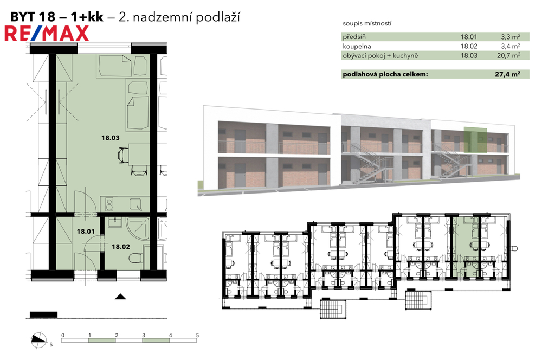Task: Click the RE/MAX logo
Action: (47, 34)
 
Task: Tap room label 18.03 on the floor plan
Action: (111, 138)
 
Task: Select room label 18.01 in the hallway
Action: (86, 232)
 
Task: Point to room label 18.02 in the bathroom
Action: (121, 247)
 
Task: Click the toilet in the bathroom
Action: (136, 259)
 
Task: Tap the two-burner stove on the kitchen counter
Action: (109, 204)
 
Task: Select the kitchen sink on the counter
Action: (135, 204)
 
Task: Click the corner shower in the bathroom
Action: (138, 228)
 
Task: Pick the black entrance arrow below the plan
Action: (120, 297)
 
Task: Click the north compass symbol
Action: (38, 340)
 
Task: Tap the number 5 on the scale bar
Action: (197, 335)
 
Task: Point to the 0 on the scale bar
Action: (63, 335)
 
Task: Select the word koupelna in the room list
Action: (357, 46)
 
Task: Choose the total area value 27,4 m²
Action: (507, 74)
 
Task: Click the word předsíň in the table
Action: (354, 37)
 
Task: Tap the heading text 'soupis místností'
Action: (367, 23)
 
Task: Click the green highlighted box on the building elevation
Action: (475, 140)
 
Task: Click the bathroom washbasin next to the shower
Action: (115, 222)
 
